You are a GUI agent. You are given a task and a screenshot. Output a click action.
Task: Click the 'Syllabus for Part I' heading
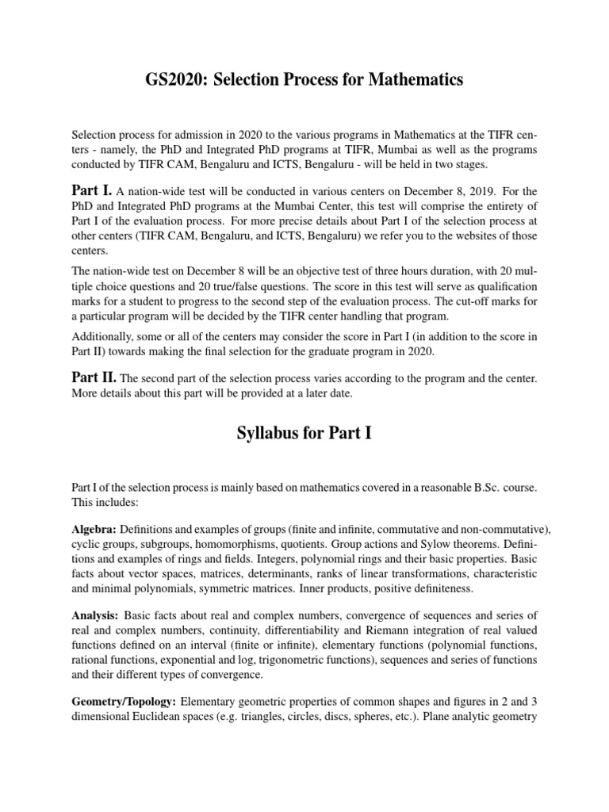304,434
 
